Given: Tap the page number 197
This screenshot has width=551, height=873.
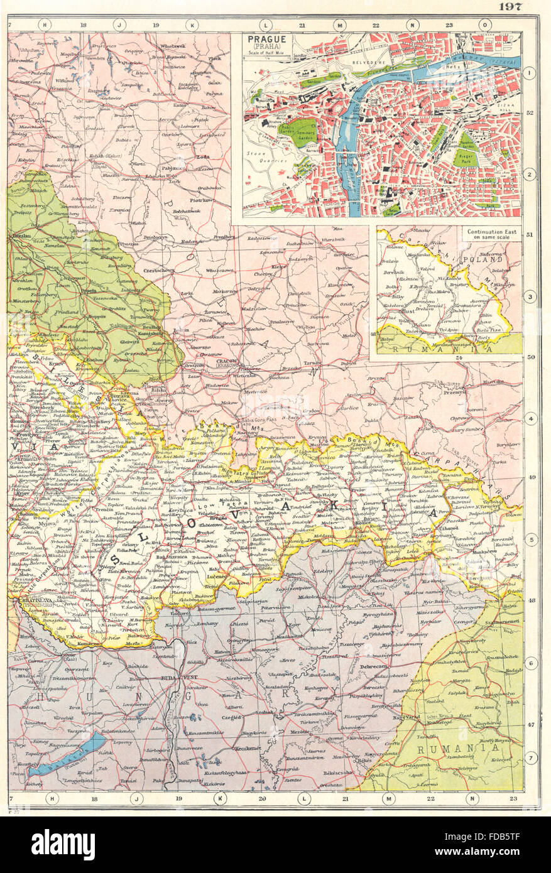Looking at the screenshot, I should (516, 7).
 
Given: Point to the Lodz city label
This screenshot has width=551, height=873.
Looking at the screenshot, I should (202, 158).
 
